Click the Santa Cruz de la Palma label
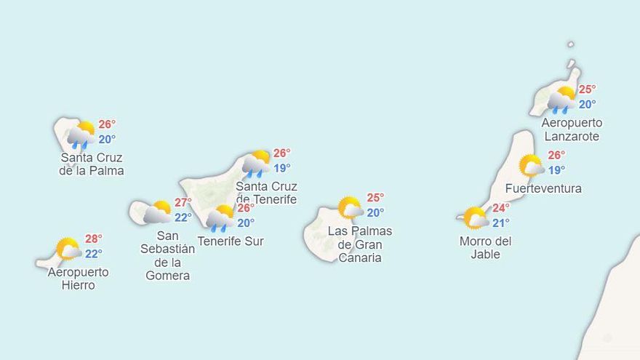(91, 164)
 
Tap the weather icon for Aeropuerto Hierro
(68, 248)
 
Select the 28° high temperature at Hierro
(94, 239)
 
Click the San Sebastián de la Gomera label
(167, 255)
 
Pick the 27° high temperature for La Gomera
(183, 202)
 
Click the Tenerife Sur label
(231, 241)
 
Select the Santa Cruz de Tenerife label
(266, 193)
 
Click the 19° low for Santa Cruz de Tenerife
(281, 169)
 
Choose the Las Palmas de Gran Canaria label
(360, 244)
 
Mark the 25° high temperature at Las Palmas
(375, 198)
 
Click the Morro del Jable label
(485, 247)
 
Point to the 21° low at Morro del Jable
(501, 223)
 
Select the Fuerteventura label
(543, 188)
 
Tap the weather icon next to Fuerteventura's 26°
(532, 165)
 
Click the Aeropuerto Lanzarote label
(572, 129)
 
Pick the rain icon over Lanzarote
(561, 100)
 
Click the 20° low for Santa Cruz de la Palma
(107, 140)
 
